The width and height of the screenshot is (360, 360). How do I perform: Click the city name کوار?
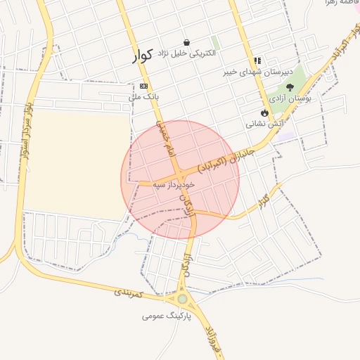pyautogui.click(x=143, y=56)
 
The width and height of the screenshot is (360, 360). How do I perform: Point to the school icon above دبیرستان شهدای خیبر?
pyautogui.click(x=257, y=61)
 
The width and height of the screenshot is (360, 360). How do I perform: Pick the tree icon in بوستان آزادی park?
pyautogui.click(x=290, y=87)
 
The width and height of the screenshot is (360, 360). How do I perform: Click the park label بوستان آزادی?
pyautogui.click(x=289, y=99)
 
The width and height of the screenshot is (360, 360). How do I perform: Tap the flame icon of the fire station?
pyautogui.click(x=264, y=112)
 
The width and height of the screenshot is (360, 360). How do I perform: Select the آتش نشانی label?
pyautogui.click(x=264, y=123)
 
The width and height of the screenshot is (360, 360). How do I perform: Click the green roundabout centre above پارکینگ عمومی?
pyautogui.click(x=183, y=299)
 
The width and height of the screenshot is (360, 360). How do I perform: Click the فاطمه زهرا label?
pyautogui.click(x=340, y=4)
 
